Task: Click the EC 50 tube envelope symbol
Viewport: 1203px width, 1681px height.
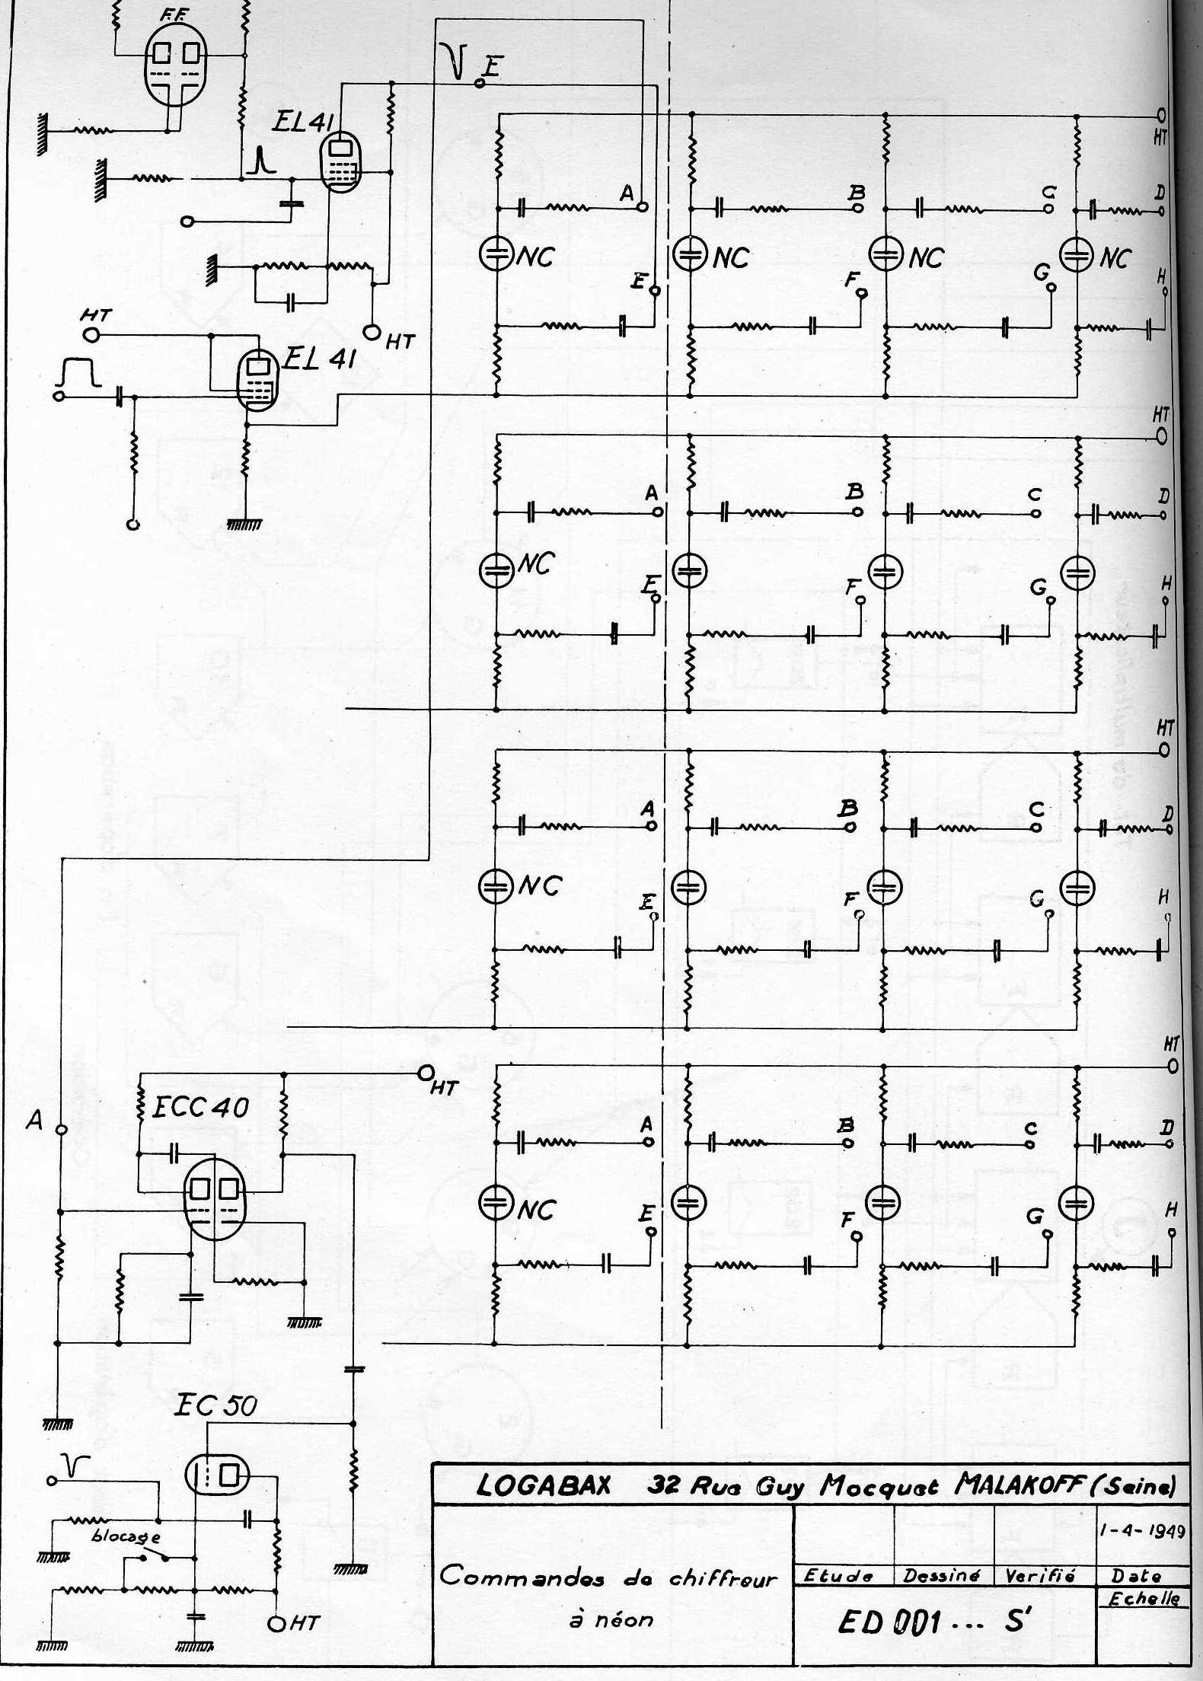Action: click(x=218, y=1477)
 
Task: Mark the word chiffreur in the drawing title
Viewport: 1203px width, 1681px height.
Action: click(x=723, y=1578)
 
